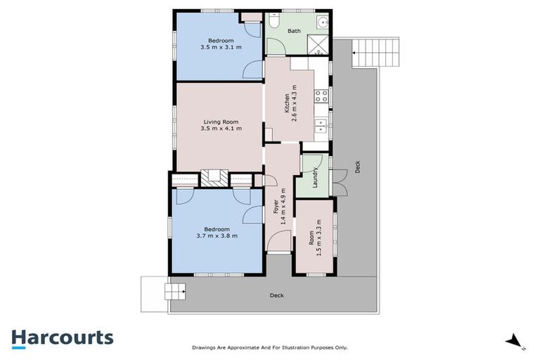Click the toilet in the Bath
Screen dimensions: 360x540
(x=274, y=23)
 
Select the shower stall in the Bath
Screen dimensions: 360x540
(x=320, y=45)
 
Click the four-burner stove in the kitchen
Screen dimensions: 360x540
(x=321, y=96)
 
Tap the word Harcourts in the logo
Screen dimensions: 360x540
(x=62, y=337)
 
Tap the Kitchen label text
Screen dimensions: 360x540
(x=286, y=104)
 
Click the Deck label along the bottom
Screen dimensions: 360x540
(x=276, y=295)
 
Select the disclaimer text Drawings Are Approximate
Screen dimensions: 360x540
(x=269, y=347)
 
